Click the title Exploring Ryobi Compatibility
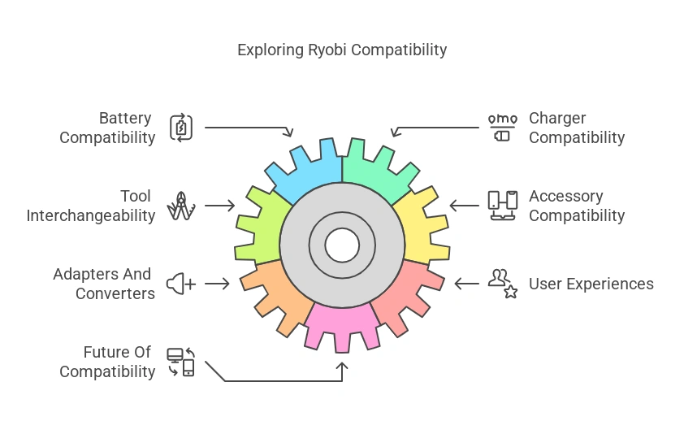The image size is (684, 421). [x=342, y=50]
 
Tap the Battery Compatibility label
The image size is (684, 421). [x=107, y=128]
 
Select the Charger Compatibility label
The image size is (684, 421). [x=577, y=128]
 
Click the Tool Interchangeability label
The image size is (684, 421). [x=91, y=206]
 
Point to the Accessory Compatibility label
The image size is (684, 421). [x=577, y=206]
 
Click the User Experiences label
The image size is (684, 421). [x=591, y=284]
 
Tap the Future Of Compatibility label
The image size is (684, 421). [x=107, y=362]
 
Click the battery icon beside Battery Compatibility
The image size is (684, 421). [x=180, y=128]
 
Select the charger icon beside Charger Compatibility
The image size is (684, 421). [x=501, y=128]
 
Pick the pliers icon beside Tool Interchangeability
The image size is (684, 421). [x=180, y=206]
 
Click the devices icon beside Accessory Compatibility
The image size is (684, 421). [x=502, y=206]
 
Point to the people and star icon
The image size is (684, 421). [x=502, y=284]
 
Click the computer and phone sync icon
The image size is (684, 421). [x=180, y=362]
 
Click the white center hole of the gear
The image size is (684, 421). [x=342, y=244]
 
